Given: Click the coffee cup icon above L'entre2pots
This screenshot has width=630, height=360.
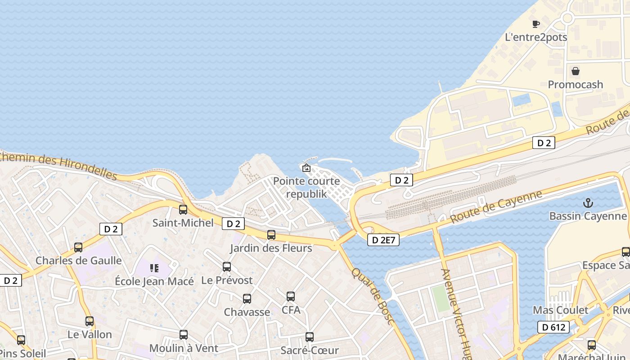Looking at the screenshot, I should pyautogui.click(x=535, y=24).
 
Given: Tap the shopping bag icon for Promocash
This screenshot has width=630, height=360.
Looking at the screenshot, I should pyautogui.click(x=575, y=71).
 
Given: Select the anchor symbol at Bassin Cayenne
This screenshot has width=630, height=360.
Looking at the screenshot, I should pyautogui.click(x=588, y=203).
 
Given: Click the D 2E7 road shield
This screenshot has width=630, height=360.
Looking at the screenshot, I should pyautogui.click(x=383, y=240).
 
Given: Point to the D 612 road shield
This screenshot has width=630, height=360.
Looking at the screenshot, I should pyautogui.click(x=553, y=327).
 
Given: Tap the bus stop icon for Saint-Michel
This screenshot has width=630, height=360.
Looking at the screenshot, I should pyautogui.click(x=183, y=209).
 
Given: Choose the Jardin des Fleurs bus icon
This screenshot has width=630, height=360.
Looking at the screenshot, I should pyautogui.click(x=271, y=234).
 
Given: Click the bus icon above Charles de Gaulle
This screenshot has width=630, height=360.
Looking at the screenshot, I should pyautogui.click(x=78, y=247).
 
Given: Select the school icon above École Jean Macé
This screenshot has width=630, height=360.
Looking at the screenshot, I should pyautogui.click(x=154, y=268).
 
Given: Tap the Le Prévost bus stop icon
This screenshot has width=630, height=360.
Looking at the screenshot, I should pyautogui.click(x=227, y=267).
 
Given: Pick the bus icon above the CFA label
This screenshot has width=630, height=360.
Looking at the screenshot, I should pyautogui.click(x=291, y=297).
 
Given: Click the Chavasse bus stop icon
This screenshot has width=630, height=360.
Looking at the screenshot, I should pyautogui.click(x=247, y=298).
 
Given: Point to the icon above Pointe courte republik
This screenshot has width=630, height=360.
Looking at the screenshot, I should pyautogui.click(x=306, y=168).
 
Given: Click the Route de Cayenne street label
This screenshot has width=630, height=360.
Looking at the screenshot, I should pyautogui.click(x=496, y=207).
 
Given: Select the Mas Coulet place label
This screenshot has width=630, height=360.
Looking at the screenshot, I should pyautogui.click(x=560, y=310).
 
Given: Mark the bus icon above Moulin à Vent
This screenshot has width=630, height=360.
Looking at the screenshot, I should pyautogui.click(x=183, y=335).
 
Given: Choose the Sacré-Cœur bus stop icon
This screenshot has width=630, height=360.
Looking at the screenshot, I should pyautogui.click(x=310, y=337).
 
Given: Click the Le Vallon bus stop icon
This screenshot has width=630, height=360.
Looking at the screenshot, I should pyautogui.click(x=90, y=321).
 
